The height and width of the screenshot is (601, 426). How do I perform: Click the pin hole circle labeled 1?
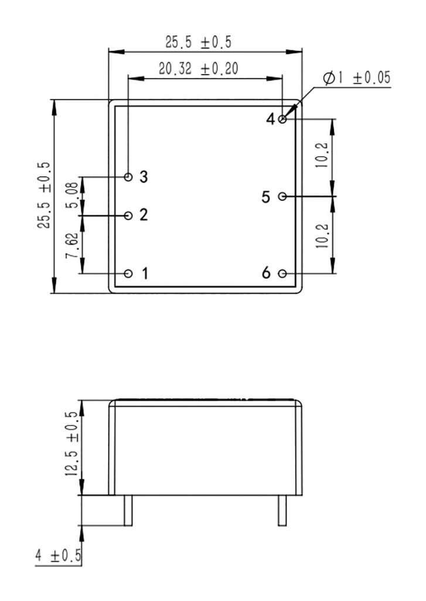129,274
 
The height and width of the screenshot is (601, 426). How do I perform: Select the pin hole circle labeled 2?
129,215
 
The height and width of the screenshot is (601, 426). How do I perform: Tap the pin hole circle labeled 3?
129,177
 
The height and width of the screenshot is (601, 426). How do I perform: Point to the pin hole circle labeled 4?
283,119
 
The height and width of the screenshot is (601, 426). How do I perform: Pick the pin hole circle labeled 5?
282,196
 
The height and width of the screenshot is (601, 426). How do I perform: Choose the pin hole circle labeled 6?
283,274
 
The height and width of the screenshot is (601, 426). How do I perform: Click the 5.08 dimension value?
71,196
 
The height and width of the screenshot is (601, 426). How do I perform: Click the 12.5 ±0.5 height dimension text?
71,445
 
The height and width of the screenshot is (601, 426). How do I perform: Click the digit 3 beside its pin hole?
144,177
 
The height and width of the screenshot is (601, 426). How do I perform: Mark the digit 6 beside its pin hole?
267,274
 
